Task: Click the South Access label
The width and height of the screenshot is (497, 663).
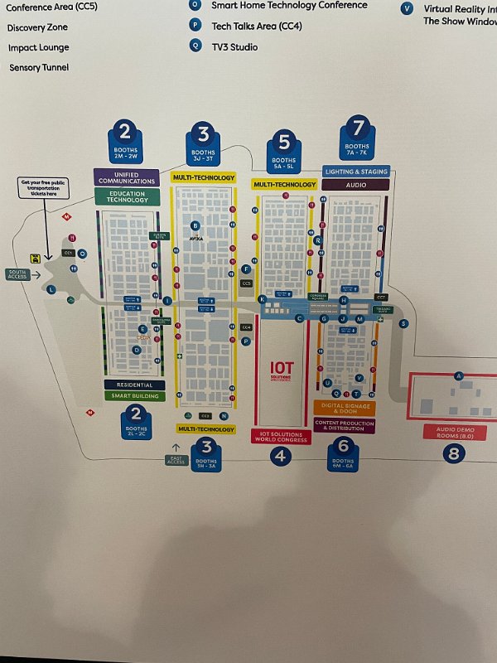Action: click(x=17, y=273)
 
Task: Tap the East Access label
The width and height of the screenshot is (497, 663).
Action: click(x=176, y=459)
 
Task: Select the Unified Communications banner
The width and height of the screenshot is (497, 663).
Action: click(x=127, y=177)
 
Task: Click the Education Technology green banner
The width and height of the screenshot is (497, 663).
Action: click(x=127, y=197)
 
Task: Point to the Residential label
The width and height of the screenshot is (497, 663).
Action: click(x=134, y=385)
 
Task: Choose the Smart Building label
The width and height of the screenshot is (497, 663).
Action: click(x=134, y=396)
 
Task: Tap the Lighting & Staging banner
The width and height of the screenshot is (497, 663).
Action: click(x=355, y=172)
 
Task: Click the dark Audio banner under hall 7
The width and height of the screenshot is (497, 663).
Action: click(x=355, y=185)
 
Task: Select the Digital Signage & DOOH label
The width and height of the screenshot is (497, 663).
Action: click(x=344, y=408)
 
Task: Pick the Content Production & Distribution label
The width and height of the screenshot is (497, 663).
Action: click(x=344, y=425)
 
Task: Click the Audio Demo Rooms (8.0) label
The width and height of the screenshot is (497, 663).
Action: click(x=452, y=432)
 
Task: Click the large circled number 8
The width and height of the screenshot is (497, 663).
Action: click(x=453, y=453)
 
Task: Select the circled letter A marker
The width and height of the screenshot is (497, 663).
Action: click(x=457, y=376)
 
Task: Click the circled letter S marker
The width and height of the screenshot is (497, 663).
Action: click(x=403, y=323)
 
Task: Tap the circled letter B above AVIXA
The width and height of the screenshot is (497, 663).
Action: click(x=195, y=225)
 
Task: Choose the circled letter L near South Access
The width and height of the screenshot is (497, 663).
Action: click(x=51, y=289)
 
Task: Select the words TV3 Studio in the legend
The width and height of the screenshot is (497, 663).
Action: click(x=234, y=47)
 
